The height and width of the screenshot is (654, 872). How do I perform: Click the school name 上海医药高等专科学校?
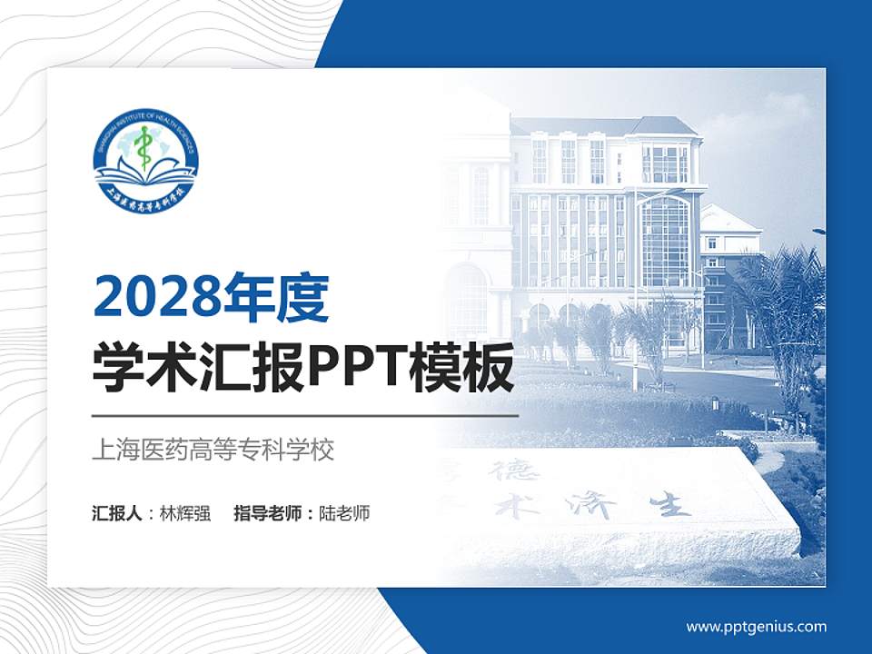[213, 450]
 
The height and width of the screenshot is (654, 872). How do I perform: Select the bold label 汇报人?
[117, 513]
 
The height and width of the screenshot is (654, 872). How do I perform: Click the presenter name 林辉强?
[184, 513]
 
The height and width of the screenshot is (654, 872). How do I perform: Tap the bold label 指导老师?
[268, 513]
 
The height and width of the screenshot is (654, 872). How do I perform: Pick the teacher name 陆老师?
[344, 513]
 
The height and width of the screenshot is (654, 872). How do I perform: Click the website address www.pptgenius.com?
[756, 626]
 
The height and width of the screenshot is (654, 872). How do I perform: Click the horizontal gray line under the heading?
[304, 416]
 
